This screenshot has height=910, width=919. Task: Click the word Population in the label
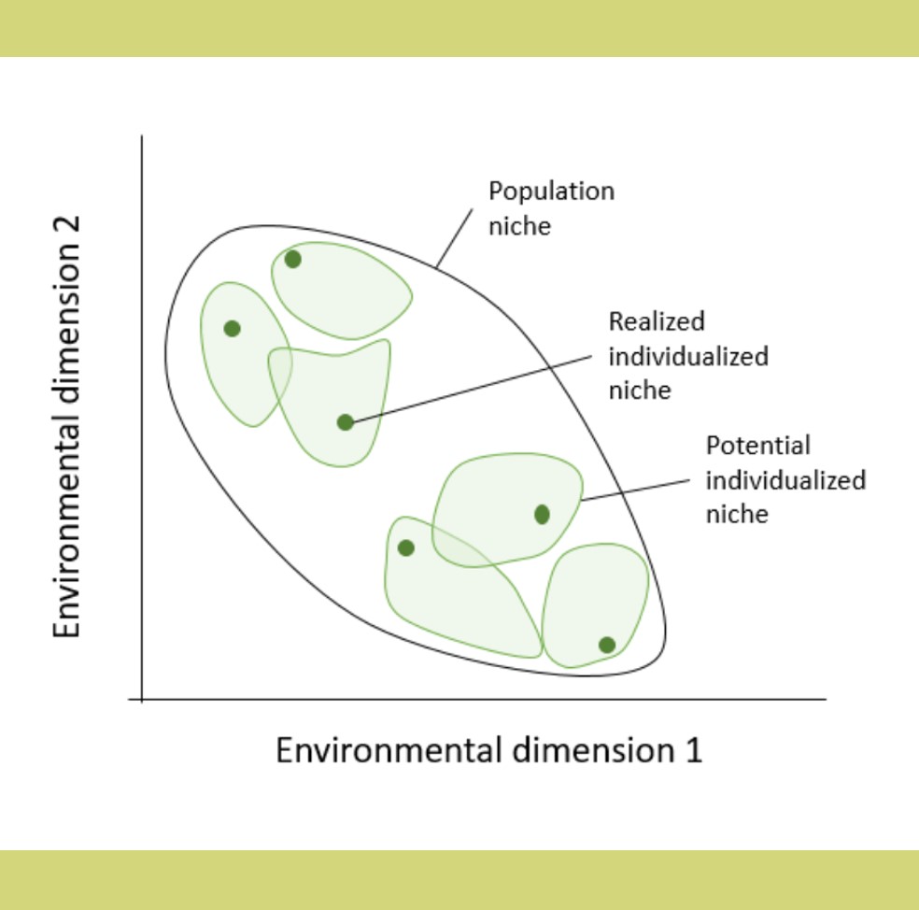(x=552, y=192)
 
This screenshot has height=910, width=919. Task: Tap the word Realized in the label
(x=657, y=321)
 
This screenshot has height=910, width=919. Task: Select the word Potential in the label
(x=757, y=446)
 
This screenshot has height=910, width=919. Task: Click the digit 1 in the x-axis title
(x=693, y=750)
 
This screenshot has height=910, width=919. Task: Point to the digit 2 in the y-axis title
(x=67, y=228)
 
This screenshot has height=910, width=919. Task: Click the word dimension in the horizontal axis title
(x=593, y=750)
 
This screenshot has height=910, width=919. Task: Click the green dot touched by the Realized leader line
(x=346, y=421)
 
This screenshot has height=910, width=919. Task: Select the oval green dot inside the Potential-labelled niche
(x=542, y=514)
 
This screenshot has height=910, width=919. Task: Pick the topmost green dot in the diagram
(x=293, y=259)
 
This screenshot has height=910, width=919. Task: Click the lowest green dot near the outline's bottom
(x=607, y=645)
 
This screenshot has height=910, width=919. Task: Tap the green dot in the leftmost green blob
(x=233, y=328)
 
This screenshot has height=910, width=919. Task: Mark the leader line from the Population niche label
(x=455, y=238)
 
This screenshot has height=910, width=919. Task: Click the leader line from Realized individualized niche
(x=472, y=389)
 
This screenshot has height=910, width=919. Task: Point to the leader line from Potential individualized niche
(x=635, y=491)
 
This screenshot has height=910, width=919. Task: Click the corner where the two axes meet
(x=142, y=699)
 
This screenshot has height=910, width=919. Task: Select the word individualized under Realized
(x=688, y=357)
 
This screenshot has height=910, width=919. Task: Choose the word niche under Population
(x=520, y=226)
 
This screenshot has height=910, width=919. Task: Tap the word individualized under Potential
(x=786, y=480)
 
